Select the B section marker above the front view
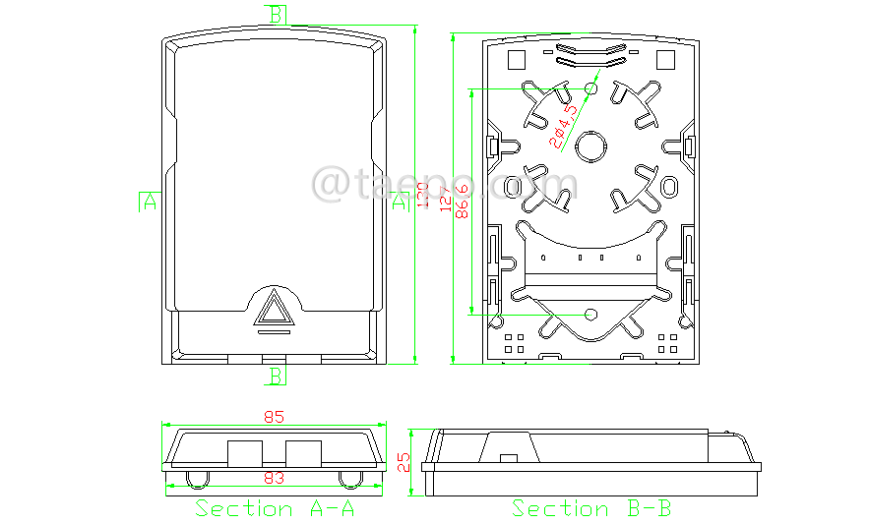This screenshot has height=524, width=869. pyautogui.click(x=278, y=13)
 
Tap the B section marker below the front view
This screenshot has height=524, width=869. pyautogui.click(x=278, y=376)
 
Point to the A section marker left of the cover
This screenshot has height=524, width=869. pyautogui.click(x=149, y=201)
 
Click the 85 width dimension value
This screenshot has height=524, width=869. pyautogui.click(x=274, y=417)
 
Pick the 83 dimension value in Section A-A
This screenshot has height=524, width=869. pyautogui.click(x=274, y=478)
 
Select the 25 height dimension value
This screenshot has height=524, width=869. pyautogui.click(x=403, y=462)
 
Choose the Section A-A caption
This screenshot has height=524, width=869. pyautogui.click(x=275, y=508)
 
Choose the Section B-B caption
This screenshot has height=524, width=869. pyautogui.click(x=591, y=508)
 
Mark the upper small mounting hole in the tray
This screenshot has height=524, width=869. pyautogui.click(x=591, y=88)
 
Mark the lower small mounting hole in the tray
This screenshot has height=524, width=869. pyautogui.click(x=590, y=314)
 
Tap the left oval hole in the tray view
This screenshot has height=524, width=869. pyautogui.click(x=513, y=186)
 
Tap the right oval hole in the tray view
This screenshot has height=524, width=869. pyautogui.click(x=669, y=186)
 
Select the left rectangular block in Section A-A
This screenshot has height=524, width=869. pyautogui.click(x=245, y=453)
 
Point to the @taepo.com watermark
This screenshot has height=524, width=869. pyautogui.click(x=445, y=184)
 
